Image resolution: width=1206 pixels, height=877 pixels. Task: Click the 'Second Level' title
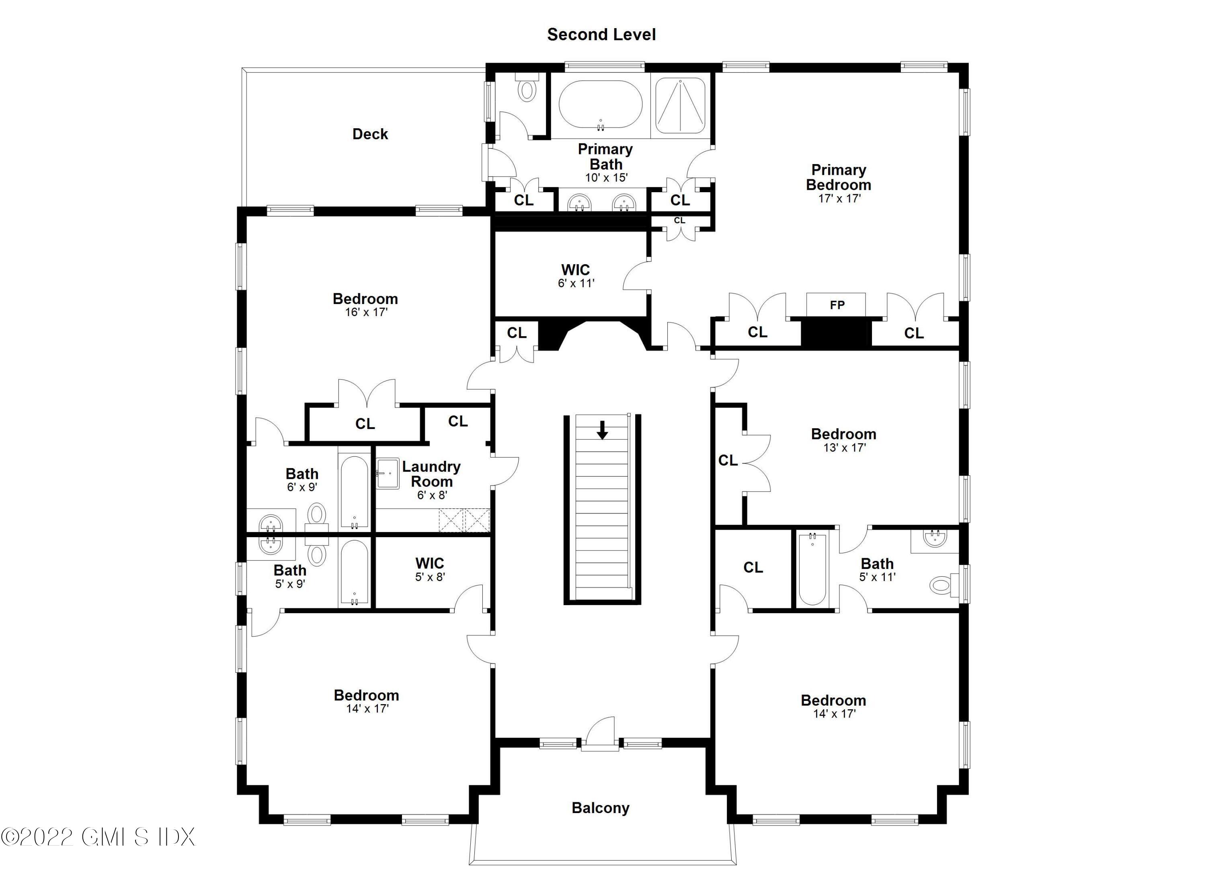[x=601, y=35]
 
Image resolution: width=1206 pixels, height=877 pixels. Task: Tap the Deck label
[x=370, y=134]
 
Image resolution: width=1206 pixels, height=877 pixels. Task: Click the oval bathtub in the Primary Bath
[x=600, y=104]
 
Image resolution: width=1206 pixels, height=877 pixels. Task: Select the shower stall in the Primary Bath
[x=681, y=105]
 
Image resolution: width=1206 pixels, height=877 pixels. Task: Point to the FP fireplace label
[x=837, y=305]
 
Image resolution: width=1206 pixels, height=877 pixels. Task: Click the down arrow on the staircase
[x=602, y=430]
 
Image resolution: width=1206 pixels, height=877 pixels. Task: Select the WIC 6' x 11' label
[x=575, y=276]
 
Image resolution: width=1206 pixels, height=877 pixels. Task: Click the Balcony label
[x=600, y=808]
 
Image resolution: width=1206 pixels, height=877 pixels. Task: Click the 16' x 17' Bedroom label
[x=365, y=305]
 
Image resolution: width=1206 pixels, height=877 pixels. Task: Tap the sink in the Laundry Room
[x=388, y=473]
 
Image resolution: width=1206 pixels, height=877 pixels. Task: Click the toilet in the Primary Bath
[x=527, y=89]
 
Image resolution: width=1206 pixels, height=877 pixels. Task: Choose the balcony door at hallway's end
[x=600, y=736]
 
